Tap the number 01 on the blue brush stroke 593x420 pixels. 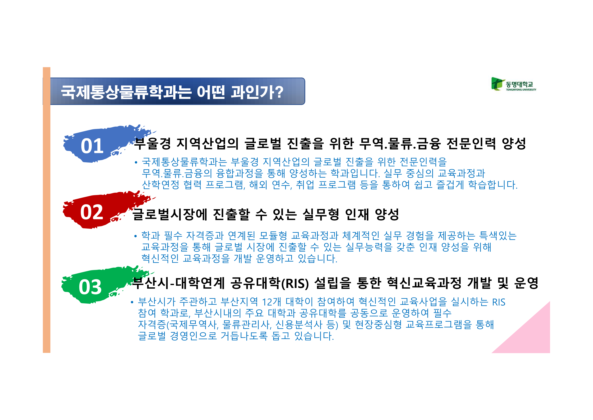click(x=92, y=146)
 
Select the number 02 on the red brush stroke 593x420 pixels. click(x=92, y=212)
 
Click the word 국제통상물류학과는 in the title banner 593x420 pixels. click(x=126, y=92)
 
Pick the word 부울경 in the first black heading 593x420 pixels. click(x=152, y=144)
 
